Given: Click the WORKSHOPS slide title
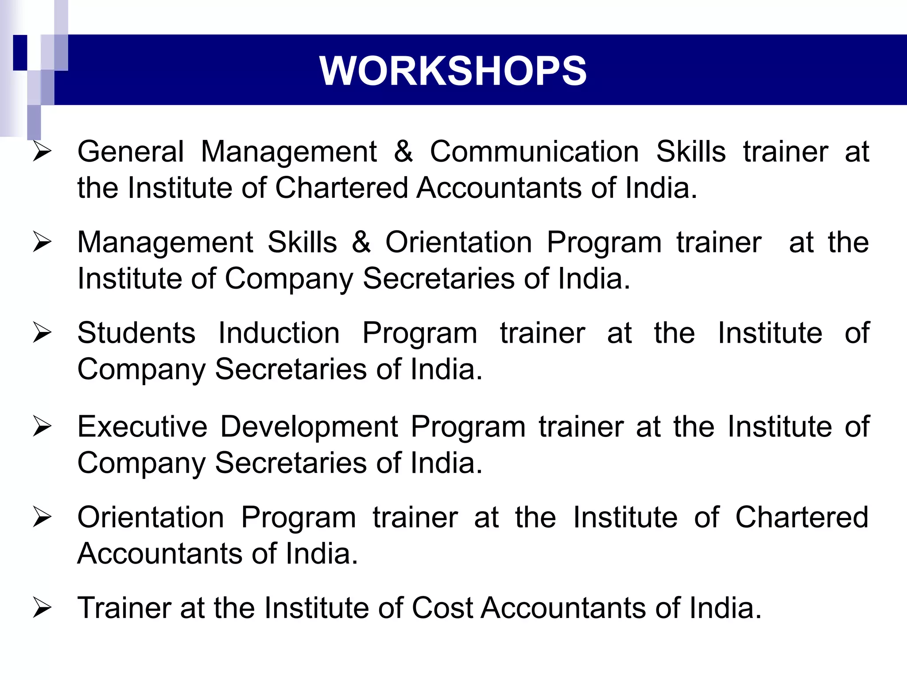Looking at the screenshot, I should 453,71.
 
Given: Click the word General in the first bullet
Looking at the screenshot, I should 131,152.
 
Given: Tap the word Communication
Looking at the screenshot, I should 535,152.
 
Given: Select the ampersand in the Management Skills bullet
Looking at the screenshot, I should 361,242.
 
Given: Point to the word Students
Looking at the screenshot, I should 136,333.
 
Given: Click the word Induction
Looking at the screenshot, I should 279,333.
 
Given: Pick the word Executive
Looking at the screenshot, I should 142,427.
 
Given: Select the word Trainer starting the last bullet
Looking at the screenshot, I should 124,608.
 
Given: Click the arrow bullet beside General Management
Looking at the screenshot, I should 43,152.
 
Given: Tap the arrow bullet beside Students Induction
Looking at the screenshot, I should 43,333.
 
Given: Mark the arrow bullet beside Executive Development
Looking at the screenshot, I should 43,427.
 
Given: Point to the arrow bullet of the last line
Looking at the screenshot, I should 43,608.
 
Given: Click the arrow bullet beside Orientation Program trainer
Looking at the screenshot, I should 43,518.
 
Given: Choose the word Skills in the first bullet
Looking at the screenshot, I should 691,152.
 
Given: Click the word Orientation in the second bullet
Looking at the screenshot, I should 459,242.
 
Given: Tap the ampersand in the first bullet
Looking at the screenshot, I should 403,152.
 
